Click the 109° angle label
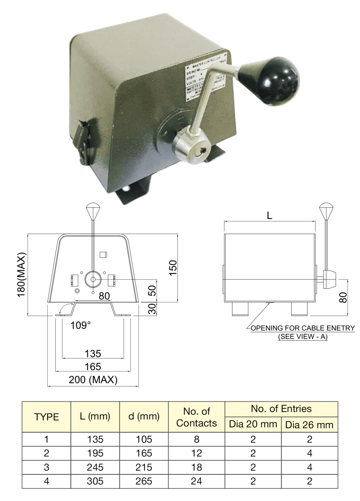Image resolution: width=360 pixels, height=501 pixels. [80, 325]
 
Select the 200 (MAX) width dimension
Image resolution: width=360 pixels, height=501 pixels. [93, 380]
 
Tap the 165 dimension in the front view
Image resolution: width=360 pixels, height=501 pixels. [93, 367]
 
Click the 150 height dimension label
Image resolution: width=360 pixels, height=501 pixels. [173, 268]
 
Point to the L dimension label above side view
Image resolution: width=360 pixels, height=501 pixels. [269, 216]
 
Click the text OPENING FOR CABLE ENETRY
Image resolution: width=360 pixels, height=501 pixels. [302, 328]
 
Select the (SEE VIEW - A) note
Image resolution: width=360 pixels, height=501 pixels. [303, 337]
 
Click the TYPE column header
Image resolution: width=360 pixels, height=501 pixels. [47, 417]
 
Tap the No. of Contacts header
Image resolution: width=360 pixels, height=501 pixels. [197, 417]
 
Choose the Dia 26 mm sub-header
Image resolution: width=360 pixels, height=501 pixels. [309, 425]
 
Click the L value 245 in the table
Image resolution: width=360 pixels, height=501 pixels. [95, 467]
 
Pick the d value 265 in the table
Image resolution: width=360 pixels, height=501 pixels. [144, 481]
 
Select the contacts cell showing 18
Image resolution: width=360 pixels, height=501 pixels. [197, 467]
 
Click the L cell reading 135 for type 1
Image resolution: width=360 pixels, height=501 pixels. [95, 439]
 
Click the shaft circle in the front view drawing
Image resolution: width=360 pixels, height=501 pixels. [93, 279]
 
